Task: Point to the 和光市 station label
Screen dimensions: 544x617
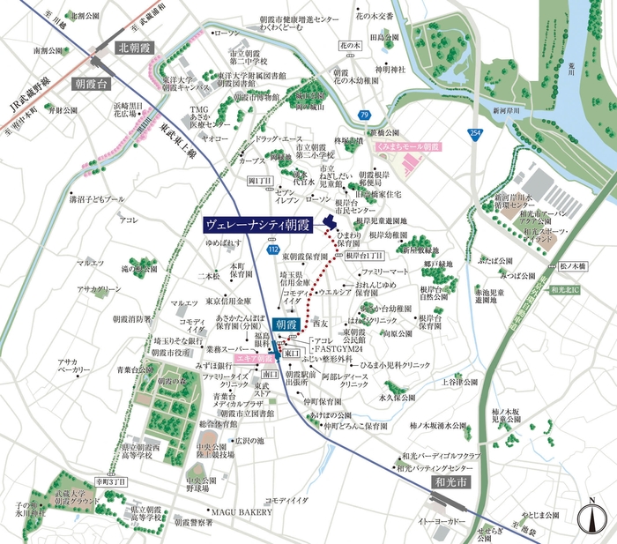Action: [453, 483]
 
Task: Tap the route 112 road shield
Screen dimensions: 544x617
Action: [273, 250]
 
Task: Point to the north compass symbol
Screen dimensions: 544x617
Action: [589, 518]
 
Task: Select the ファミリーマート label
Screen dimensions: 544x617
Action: [386, 272]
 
